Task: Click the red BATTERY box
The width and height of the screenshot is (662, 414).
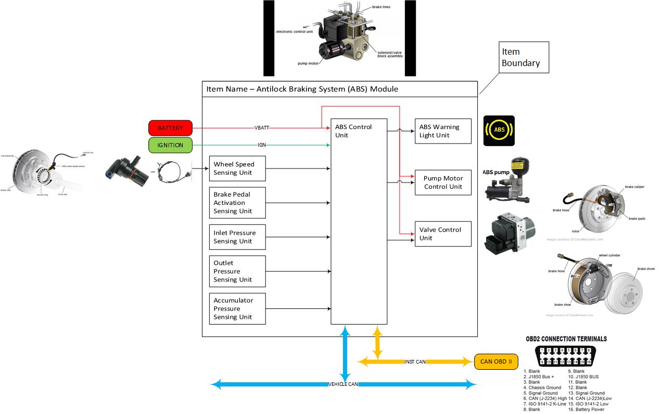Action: [170, 128]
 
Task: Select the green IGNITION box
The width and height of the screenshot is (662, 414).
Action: [170, 145]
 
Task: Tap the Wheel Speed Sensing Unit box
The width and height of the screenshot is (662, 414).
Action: [237, 169]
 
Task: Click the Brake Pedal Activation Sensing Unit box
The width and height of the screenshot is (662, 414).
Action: [237, 203]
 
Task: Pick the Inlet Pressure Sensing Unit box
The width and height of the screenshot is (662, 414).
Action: [237, 237]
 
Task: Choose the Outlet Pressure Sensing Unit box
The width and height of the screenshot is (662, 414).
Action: [237, 271]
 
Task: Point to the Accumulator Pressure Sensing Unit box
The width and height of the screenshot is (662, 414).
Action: [237, 308]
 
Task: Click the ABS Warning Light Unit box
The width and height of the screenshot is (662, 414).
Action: [443, 131]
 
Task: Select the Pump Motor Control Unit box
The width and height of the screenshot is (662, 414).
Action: [443, 182]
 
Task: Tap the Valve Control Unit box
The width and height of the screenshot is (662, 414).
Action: [443, 234]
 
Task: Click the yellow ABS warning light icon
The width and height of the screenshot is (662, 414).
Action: [499, 130]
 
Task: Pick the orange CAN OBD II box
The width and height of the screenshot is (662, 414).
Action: [496, 361]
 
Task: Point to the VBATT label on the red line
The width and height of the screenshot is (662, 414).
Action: [262, 128]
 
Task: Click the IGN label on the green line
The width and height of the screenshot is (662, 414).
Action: [262, 145]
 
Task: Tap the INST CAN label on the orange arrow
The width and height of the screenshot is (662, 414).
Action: [415, 361]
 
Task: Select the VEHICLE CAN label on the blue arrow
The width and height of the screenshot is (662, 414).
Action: [344, 384]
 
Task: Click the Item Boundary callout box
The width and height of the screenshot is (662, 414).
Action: [524, 57]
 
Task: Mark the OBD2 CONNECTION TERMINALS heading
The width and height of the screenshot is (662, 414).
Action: [566, 339]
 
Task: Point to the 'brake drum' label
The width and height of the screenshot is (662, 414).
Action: [645, 269]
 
